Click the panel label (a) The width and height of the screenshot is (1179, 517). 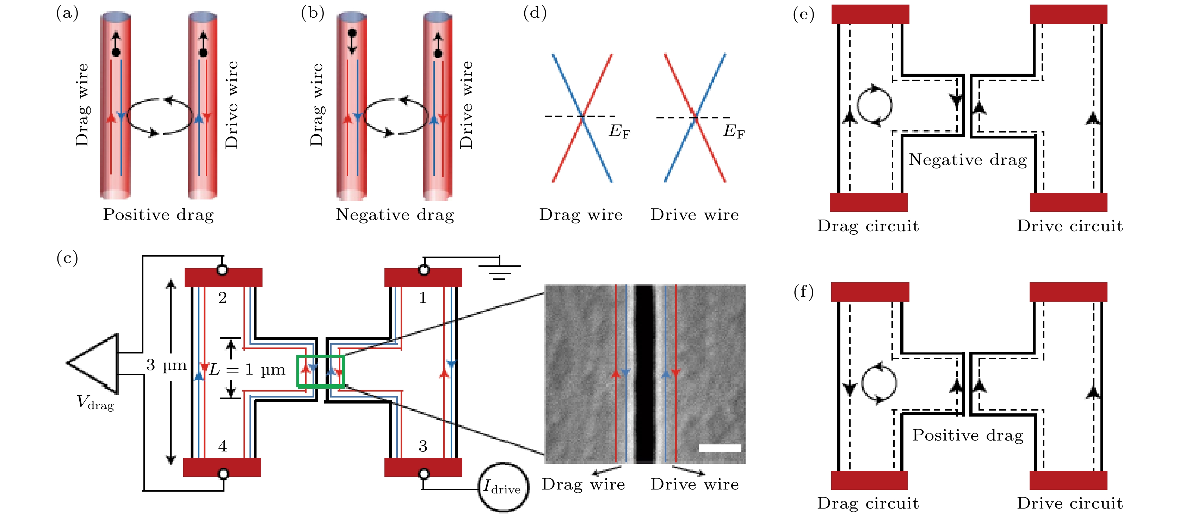click(67, 13)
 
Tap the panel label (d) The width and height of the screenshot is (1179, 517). click(535, 13)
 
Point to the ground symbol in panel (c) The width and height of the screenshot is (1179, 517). click(499, 270)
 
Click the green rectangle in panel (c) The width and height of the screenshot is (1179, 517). click(320, 371)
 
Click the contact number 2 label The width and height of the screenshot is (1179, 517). click(222, 298)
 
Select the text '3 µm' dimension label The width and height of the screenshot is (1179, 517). click(166, 365)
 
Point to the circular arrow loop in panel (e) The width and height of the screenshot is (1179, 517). click(874, 105)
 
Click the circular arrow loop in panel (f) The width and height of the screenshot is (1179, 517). click(879, 384)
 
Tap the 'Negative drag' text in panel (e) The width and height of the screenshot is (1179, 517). click(968, 159)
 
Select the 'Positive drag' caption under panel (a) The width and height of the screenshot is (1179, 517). click(158, 214)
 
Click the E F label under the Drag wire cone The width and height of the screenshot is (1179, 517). click(619, 131)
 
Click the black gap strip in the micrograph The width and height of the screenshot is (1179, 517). click(644, 373)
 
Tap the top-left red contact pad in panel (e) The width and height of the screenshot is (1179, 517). click(870, 14)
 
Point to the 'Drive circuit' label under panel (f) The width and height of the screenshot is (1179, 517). click(1070, 503)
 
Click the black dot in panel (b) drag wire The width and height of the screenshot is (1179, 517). click(352, 33)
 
